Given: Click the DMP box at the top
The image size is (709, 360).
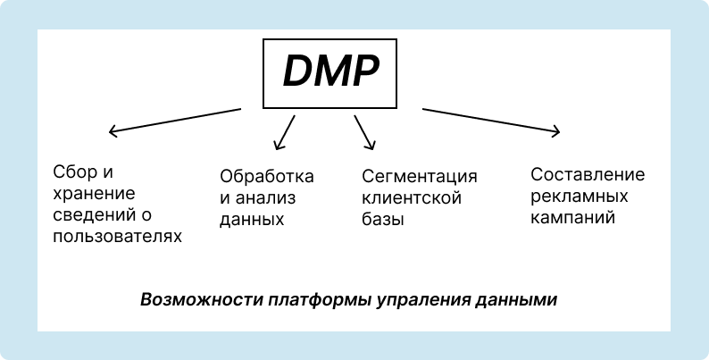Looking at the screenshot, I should click(329, 73).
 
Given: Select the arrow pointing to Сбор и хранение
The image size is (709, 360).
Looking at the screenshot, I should click(175, 121).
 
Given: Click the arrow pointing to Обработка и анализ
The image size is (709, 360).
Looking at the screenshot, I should click(284, 132).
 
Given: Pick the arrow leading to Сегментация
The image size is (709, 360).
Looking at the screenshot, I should click(363, 132).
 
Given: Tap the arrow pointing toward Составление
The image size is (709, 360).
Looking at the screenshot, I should click(491, 121).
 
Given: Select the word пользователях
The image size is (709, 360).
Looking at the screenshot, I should click(117, 236).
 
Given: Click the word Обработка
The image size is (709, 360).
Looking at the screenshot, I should click(267, 176).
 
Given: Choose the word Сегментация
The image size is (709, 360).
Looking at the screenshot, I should click(420, 176).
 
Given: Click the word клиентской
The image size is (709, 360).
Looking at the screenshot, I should click(412, 197).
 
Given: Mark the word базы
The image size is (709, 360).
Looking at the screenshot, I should click(383, 219).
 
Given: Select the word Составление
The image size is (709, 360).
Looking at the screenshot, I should click(587, 174).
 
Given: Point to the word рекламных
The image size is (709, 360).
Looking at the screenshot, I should click(576, 196).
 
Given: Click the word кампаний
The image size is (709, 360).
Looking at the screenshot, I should click(572, 217).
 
